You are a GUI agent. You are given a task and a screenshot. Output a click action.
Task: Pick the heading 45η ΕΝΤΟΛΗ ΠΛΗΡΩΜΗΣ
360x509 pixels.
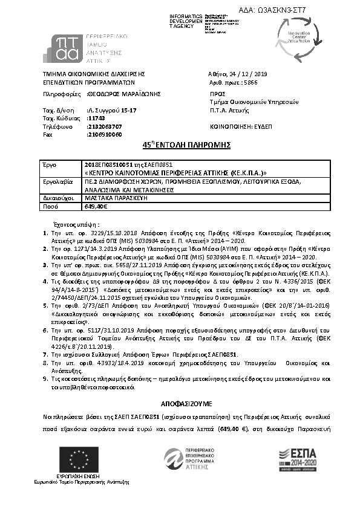[x=180, y=146]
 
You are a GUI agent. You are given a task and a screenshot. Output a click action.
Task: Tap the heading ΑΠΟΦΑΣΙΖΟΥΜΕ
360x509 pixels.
[x=180, y=403]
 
